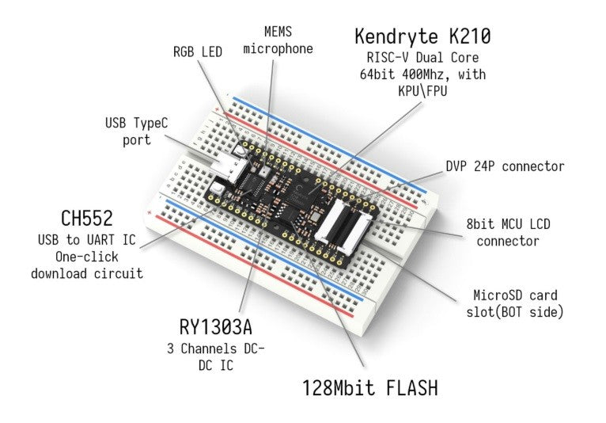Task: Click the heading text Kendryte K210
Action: (422, 36)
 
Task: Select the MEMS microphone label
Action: (278, 40)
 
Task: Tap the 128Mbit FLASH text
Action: (369, 389)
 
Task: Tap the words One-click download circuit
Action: (86, 265)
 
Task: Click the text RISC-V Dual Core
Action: (422, 57)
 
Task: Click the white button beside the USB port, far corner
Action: (240, 151)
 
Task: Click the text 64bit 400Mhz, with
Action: (422, 74)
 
